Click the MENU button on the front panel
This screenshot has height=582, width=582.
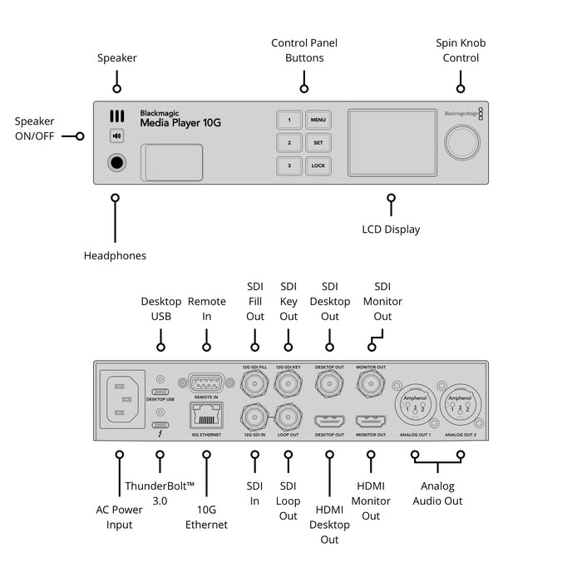tap(318, 120)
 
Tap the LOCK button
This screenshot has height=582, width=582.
tap(318, 165)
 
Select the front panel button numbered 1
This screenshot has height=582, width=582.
tap(289, 120)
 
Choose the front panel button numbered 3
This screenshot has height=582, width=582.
tap(289, 165)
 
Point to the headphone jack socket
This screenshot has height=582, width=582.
tap(117, 163)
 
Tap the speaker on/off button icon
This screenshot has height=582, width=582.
tap(117, 136)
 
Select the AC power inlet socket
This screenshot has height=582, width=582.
tap(121, 401)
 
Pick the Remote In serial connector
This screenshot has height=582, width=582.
tap(205, 383)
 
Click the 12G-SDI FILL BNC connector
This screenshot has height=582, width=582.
tap(254, 383)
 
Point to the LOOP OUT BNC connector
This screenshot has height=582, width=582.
tap(289, 416)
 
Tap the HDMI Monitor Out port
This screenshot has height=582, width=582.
tap(370, 422)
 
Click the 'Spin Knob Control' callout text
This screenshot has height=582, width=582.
tap(460, 50)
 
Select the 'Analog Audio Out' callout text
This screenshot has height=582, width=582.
tap(436, 493)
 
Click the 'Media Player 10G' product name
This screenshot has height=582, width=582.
tap(180, 123)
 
